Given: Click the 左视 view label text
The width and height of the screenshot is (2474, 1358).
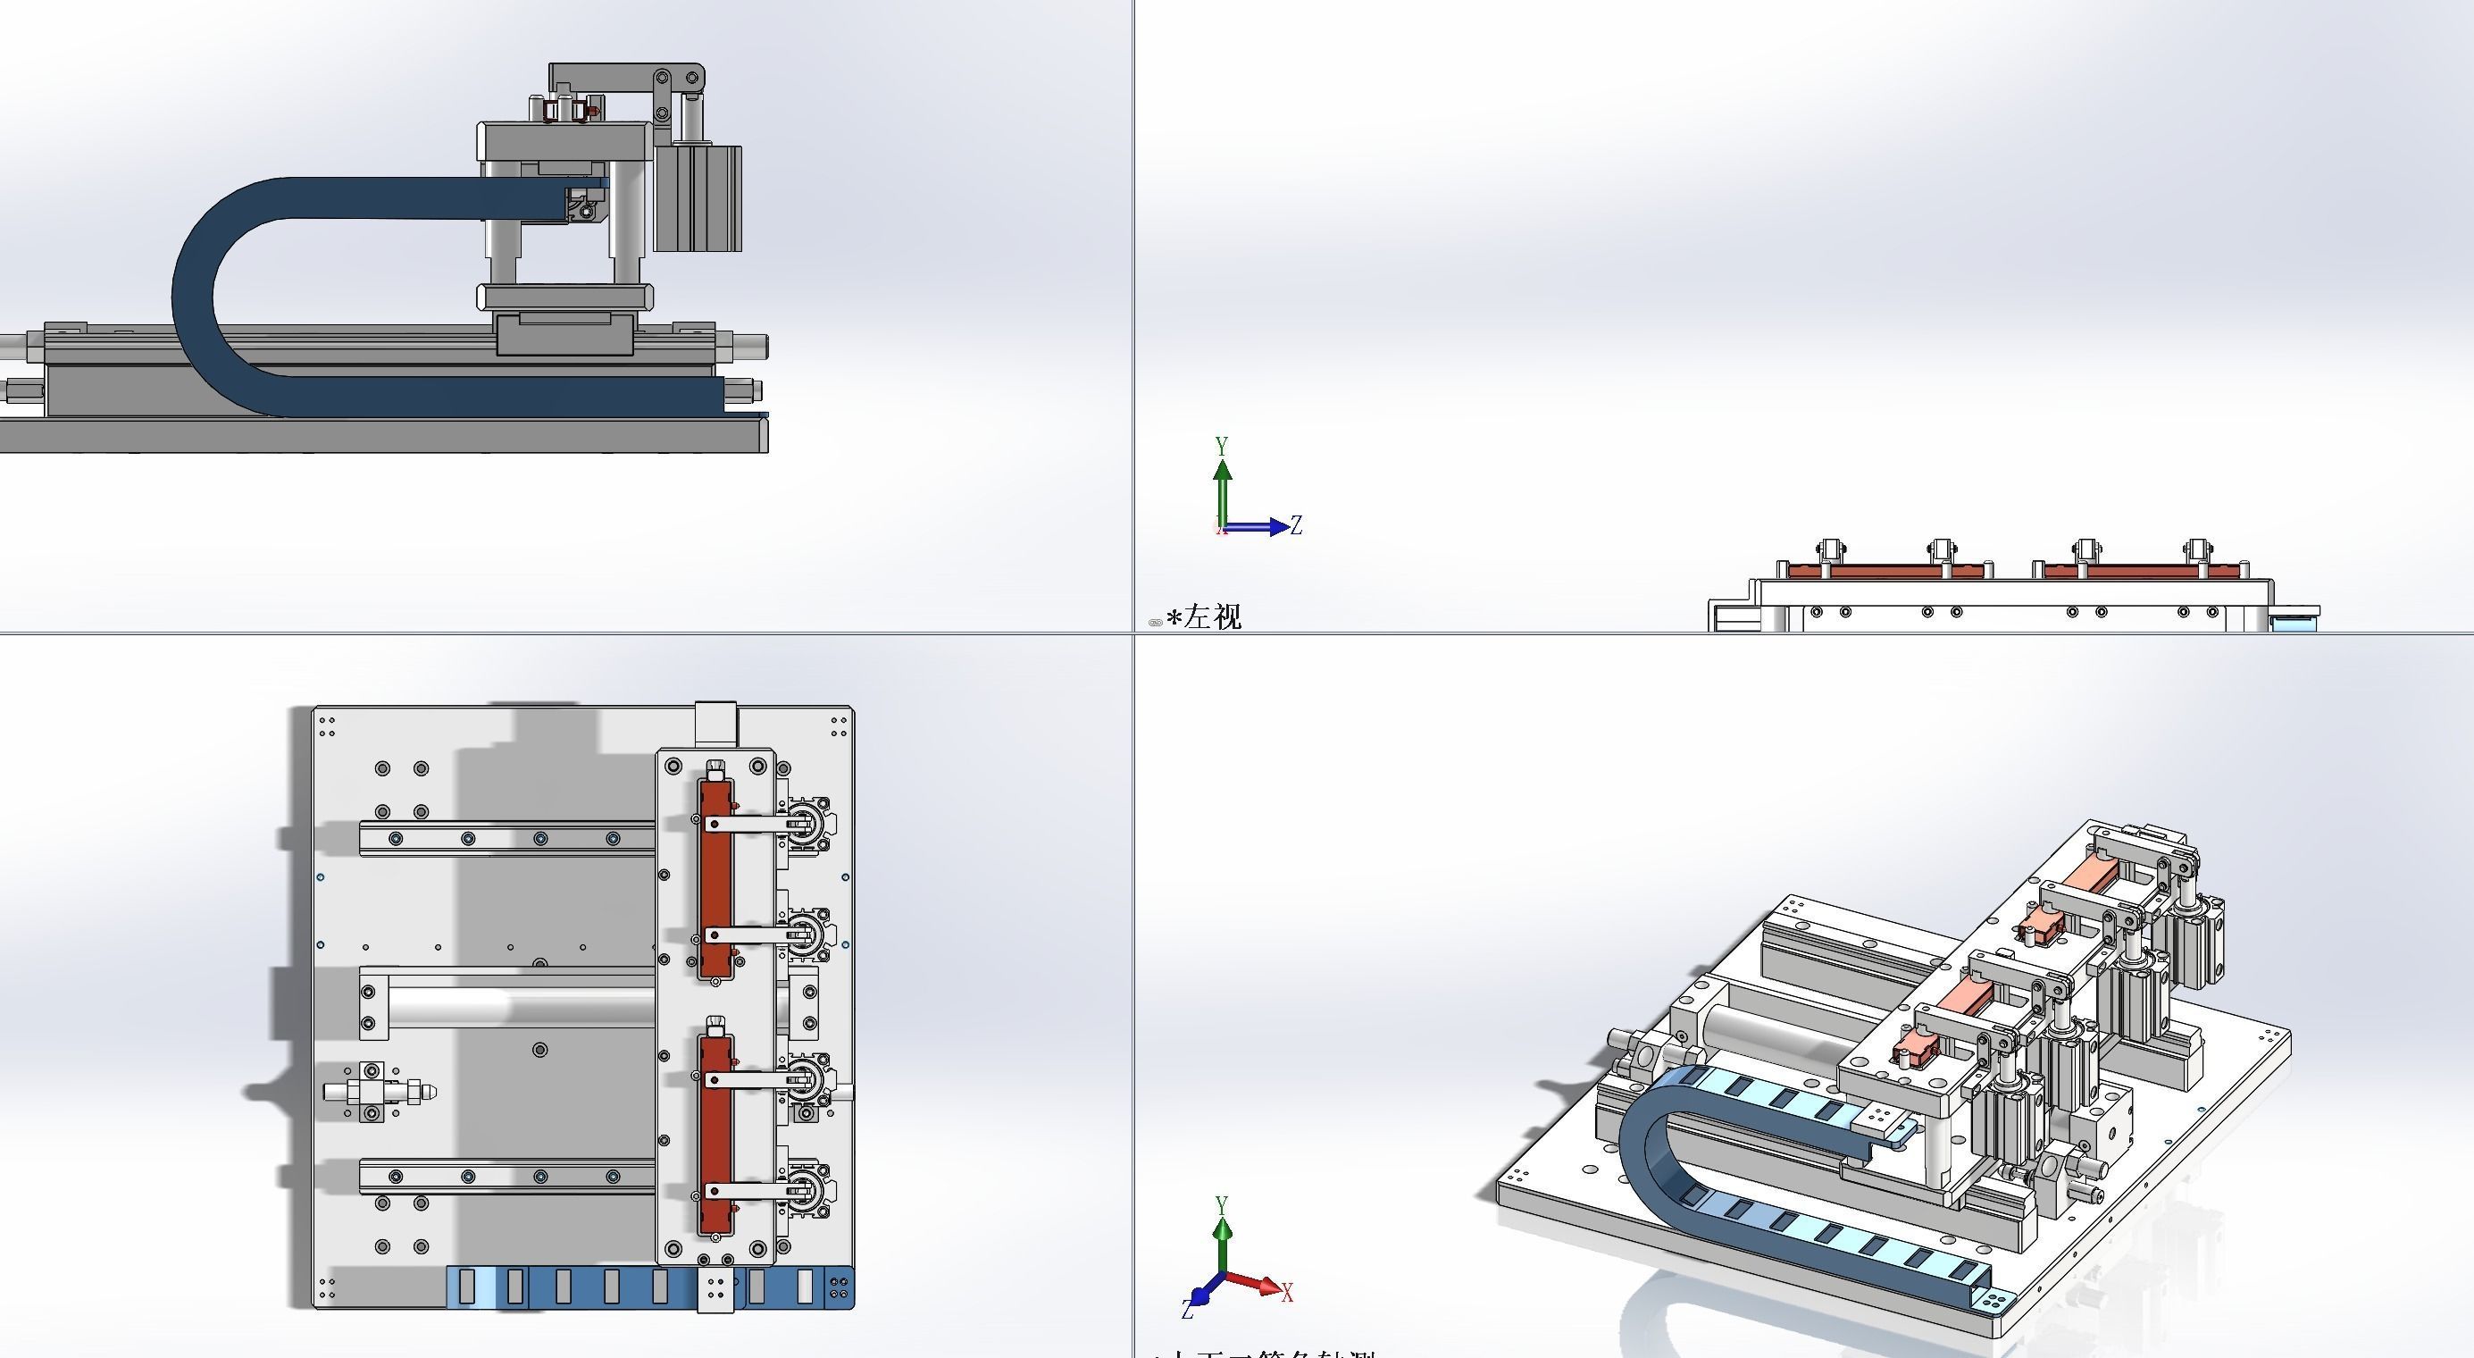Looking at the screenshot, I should point(1212,616).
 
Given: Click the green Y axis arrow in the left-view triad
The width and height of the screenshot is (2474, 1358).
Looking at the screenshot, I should point(1222,490).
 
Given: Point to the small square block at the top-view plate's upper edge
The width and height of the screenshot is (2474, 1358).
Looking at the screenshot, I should point(715,721).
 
